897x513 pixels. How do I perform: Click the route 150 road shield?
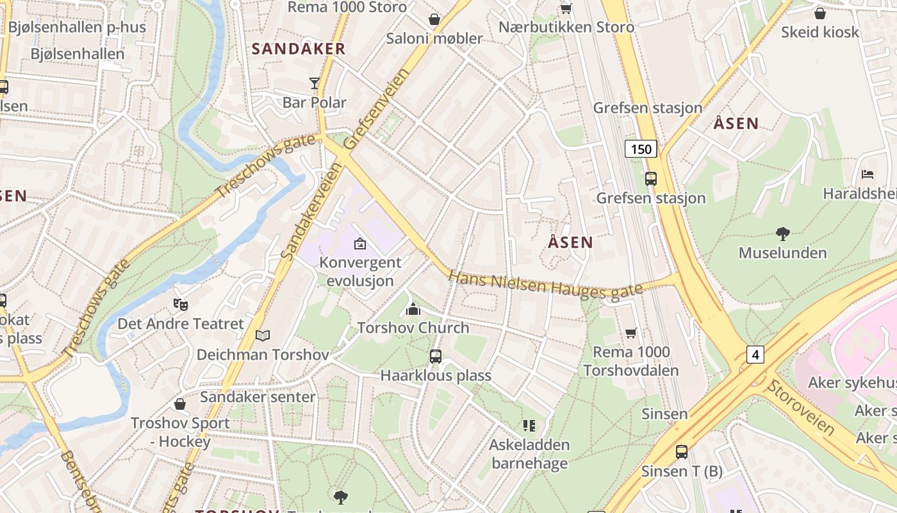click(641, 149)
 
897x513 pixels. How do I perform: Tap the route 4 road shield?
click(755, 354)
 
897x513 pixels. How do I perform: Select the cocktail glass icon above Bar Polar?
click(314, 83)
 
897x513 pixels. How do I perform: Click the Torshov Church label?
click(413, 328)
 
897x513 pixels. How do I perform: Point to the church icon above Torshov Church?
click(413, 310)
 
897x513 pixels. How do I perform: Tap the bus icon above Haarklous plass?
click(436, 357)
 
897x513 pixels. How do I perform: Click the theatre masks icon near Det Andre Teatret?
click(181, 305)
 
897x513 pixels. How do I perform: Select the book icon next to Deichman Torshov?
click(263, 335)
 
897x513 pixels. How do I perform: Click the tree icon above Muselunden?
click(782, 234)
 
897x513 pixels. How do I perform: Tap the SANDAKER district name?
click(298, 49)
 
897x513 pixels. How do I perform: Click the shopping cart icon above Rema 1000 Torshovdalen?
click(631, 333)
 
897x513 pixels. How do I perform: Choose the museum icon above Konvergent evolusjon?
click(360, 244)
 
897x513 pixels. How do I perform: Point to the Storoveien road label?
click(801, 407)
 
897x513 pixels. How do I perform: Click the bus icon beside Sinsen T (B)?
click(682, 452)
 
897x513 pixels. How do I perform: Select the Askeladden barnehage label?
click(529, 453)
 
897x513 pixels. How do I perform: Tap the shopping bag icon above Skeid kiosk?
click(819, 13)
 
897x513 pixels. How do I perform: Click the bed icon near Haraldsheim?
click(868, 174)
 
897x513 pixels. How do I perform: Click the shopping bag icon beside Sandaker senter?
click(180, 404)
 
